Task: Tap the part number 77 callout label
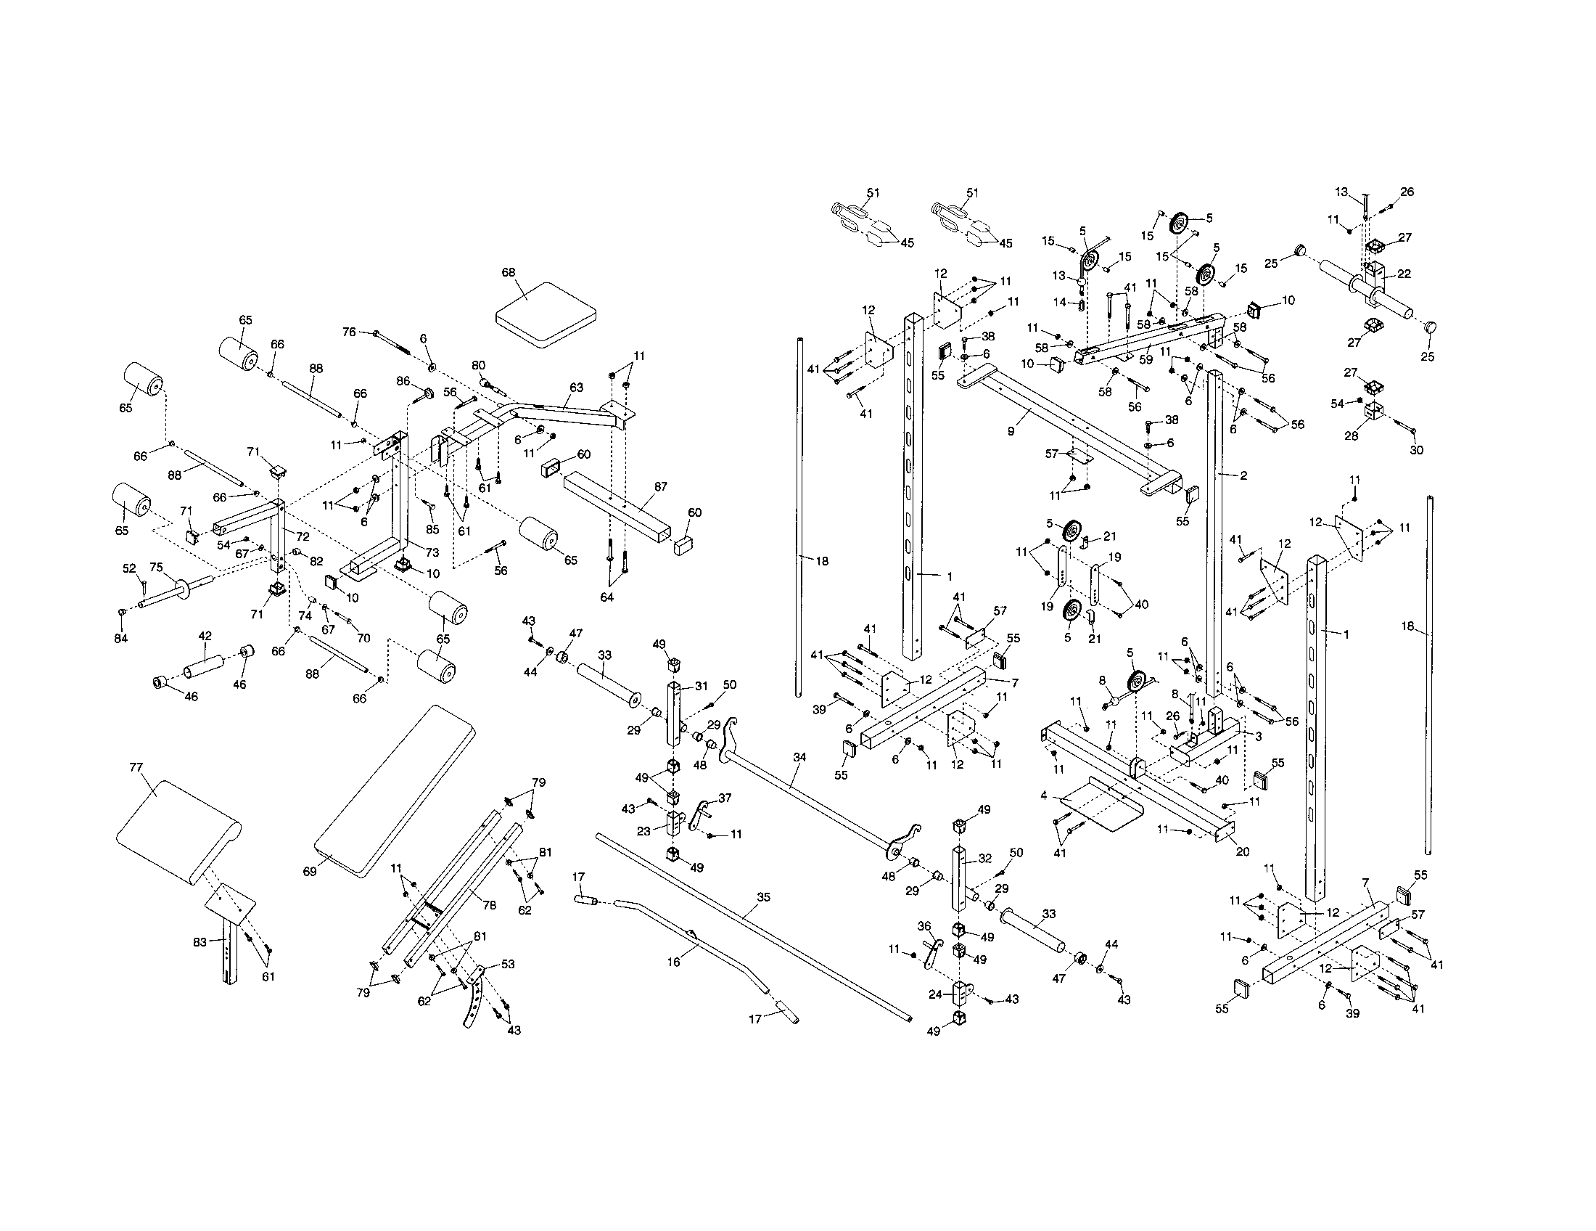click(x=136, y=766)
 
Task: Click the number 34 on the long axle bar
click(x=799, y=757)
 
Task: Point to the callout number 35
click(x=763, y=897)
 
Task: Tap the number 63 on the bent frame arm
click(x=577, y=388)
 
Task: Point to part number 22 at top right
click(x=1404, y=274)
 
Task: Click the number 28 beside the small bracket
click(x=1352, y=435)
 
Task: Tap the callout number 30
click(x=1416, y=450)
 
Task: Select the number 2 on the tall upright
click(x=1243, y=476)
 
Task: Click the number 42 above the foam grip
click(x=205, y=636)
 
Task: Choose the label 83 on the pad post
click(x=200, y=942)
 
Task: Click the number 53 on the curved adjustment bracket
click(x=508, y=964)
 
